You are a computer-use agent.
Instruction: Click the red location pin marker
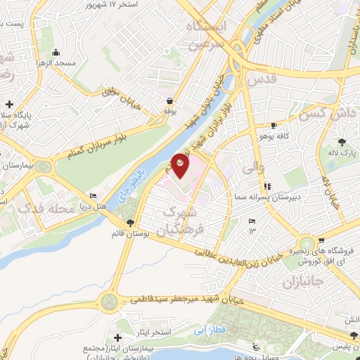click(x=181, y=165)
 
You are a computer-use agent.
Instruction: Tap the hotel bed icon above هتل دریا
click(x=94, y=196)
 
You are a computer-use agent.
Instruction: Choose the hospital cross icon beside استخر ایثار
click(x=118, y=325)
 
